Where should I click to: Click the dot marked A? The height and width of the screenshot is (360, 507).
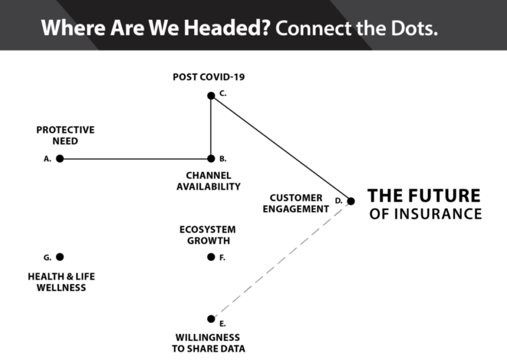[60, 158]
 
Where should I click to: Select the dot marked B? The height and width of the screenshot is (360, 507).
[211, 158]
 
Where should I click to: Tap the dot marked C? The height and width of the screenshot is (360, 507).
[211, 96]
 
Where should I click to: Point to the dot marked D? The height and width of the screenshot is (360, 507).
[351, 201]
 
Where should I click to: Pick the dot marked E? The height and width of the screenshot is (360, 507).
[211, 318]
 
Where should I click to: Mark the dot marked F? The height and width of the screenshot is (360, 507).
[211, 257]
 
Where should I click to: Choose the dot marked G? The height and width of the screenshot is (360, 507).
[60, 257]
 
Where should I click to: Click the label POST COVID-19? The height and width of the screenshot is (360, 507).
[208, 77]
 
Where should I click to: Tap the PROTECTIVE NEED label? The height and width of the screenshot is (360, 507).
[65, 135]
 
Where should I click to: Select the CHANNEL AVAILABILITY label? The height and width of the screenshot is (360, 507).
[208, 181]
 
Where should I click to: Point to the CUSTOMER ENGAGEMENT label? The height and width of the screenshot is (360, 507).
[296, 204]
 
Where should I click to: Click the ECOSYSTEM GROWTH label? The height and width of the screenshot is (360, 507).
[207, 235]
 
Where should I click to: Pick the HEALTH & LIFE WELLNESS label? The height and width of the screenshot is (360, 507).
[61, 282]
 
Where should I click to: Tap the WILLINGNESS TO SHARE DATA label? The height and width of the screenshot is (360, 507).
[208, 343]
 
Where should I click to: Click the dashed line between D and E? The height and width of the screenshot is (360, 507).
[281, 260]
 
